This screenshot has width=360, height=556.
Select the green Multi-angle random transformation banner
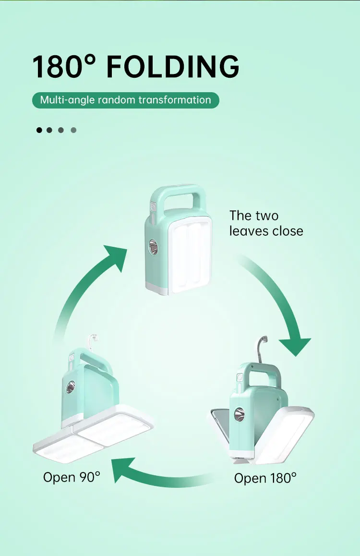click(x=125, y=100)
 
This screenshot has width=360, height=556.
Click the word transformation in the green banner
click(x=175, y=100)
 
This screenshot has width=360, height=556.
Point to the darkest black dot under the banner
click(x=39, y=130)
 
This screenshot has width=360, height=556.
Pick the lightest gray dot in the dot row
click(x=73, y=130)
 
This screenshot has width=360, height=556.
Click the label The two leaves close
click(x=266, y=223)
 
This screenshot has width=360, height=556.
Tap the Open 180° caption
click(x=265, y=478)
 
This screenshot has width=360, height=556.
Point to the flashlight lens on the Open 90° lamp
click(x=70, y=387)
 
